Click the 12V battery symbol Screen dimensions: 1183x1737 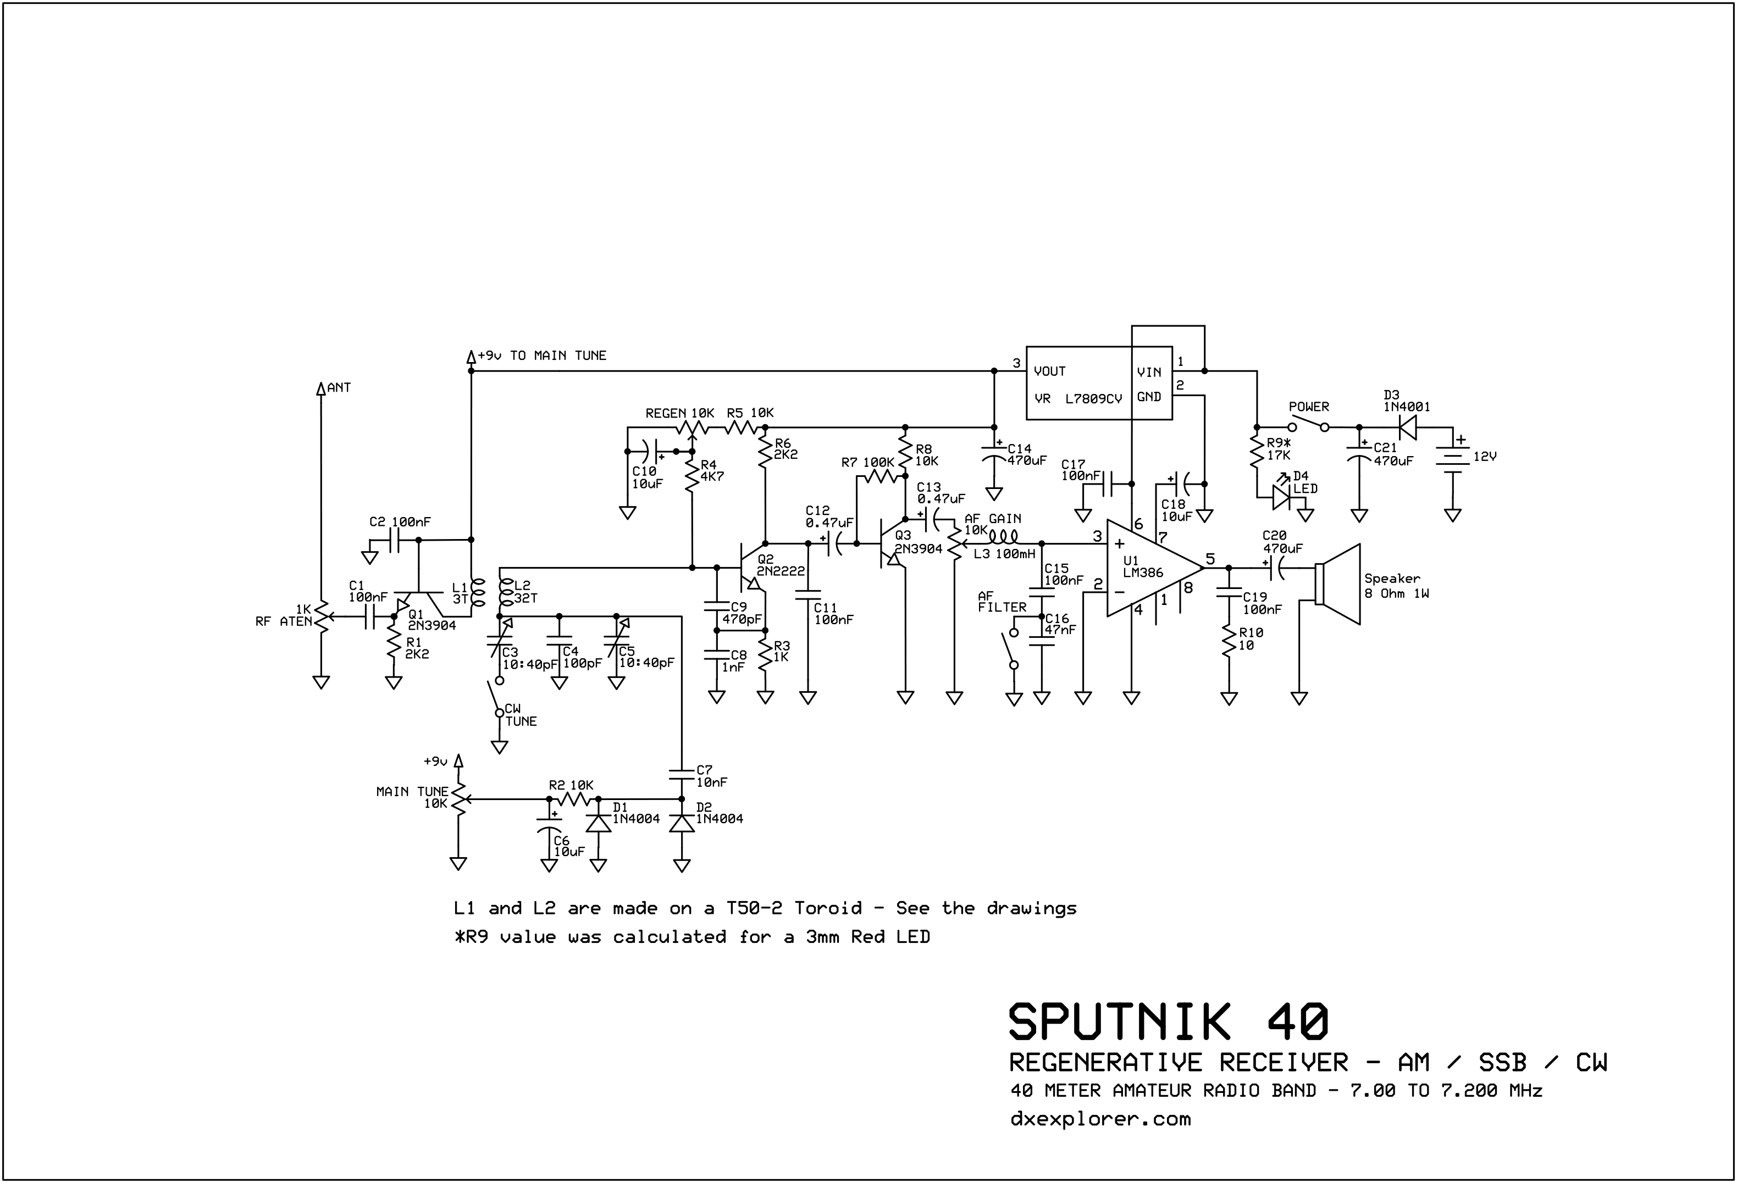(x=1452, y=456)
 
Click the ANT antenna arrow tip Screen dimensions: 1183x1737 (x=320, y=388)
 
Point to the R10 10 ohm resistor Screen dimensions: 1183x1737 (x=1228, y=641)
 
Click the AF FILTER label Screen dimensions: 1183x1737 (x=1002, y=602)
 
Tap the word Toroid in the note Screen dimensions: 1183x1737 (x=827, y=909)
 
